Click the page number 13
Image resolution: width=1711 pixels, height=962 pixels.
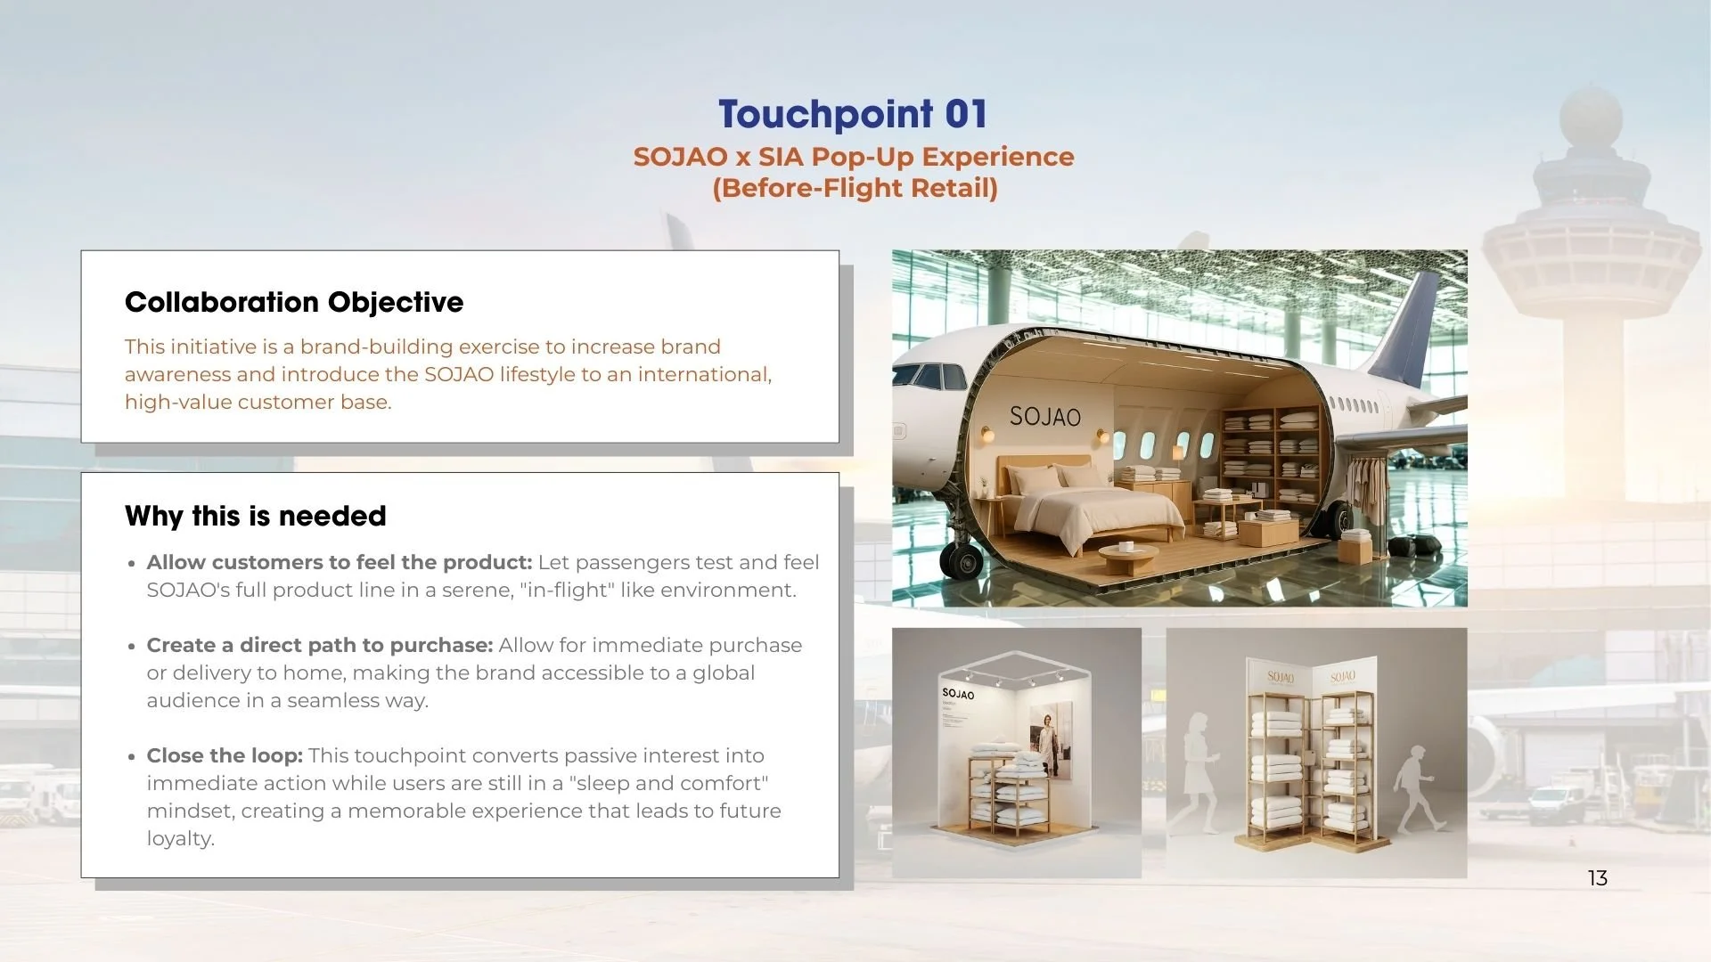1597,878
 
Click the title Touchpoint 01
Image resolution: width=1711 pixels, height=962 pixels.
853,114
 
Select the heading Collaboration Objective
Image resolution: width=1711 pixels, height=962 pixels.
294,302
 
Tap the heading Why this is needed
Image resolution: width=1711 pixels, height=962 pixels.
256,516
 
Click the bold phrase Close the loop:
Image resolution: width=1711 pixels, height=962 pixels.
225,755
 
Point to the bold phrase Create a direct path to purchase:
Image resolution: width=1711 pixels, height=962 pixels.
320,645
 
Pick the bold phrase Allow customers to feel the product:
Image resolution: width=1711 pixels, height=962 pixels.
340,562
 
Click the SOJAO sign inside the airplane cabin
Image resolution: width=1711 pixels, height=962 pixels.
1044,416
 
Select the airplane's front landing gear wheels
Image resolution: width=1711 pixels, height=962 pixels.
962,559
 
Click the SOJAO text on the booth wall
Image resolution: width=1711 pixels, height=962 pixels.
958,693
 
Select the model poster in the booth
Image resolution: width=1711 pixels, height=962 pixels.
1052,739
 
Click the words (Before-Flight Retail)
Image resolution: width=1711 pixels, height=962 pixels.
855,188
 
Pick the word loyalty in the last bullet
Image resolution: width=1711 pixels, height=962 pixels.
180,838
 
